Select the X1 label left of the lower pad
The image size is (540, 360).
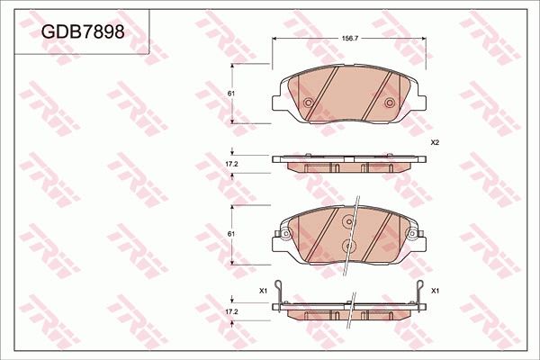point(263,291)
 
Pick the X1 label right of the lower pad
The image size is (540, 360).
point(435,291)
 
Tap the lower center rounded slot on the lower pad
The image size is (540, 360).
point(347,244)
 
